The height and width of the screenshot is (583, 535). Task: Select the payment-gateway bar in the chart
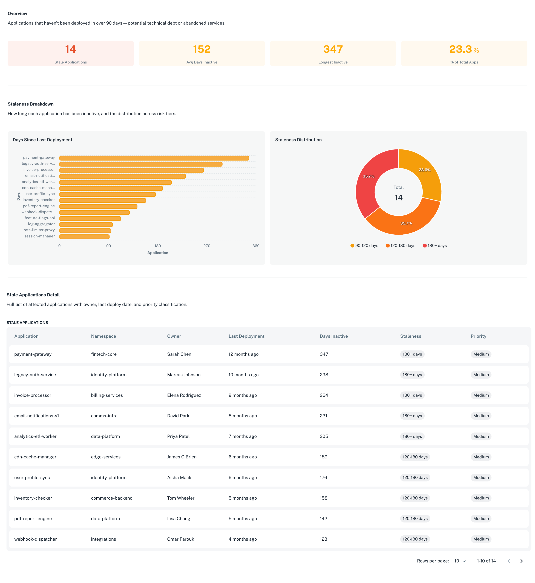pyautogui.click(x=154, y=158)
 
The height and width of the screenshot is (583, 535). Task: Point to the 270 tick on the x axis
pyautogui.click(x=207, y=246)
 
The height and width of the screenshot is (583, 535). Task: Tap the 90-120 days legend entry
pyautogui.click(x=364, y=246)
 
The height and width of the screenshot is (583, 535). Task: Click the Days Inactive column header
pyautogui.click(x=333, y=336)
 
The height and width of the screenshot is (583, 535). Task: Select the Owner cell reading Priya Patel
pyautogui.click(x=178, y=436)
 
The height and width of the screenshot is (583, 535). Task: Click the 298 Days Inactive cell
pyautogui.click(x=324, y=375)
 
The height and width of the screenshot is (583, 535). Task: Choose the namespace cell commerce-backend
pyautogui.click(x=111, y=498)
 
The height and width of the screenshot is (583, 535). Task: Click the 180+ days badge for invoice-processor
pyautogui.click(x=412, y=395)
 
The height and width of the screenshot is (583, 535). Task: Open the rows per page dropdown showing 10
pyautogui.click(x=460, y=561)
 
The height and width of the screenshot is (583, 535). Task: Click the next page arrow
pyautogui.click(x=521, y=561)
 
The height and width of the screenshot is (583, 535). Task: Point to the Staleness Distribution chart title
pyautogui.click(x=298, y=140)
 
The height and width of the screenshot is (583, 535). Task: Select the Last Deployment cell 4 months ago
pyautogui.click(x=242, y=539)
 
